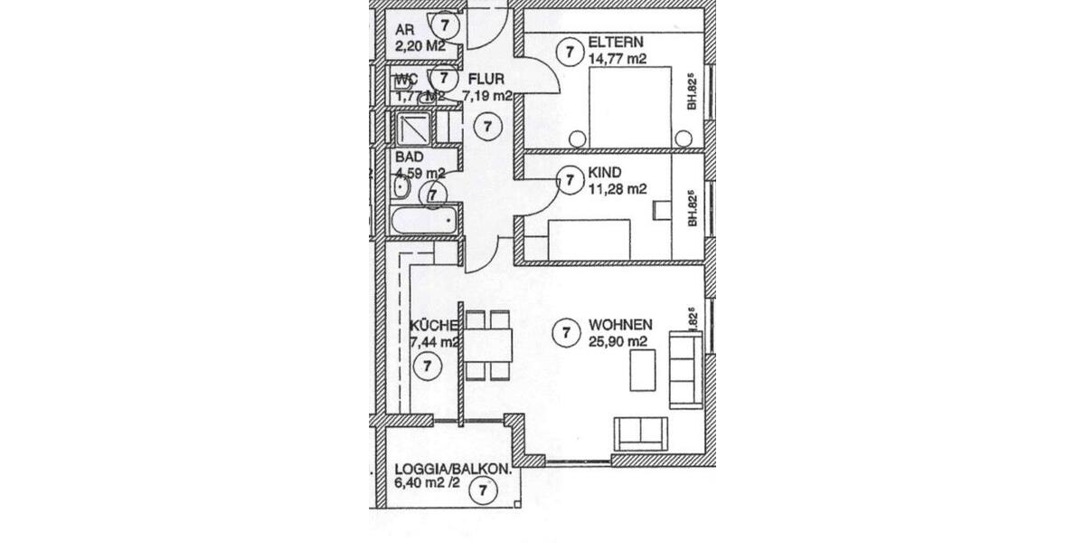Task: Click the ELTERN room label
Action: point(617,43)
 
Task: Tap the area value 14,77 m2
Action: point(618,59)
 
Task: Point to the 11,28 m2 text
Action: point(618,189)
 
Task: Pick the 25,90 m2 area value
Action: point(618,341)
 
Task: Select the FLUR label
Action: point(486,79)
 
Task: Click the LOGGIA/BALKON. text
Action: point(454,470)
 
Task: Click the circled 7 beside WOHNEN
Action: point(565,332)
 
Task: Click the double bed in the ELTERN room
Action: point(631,109)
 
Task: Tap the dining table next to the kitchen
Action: point(489,345)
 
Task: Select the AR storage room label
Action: point(403,27)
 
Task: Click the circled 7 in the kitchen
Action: point(426,367)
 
